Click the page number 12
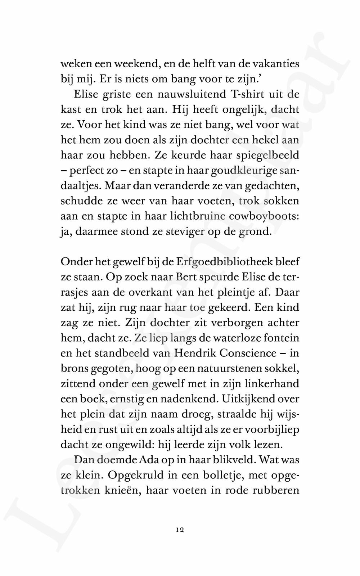(180, 530)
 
